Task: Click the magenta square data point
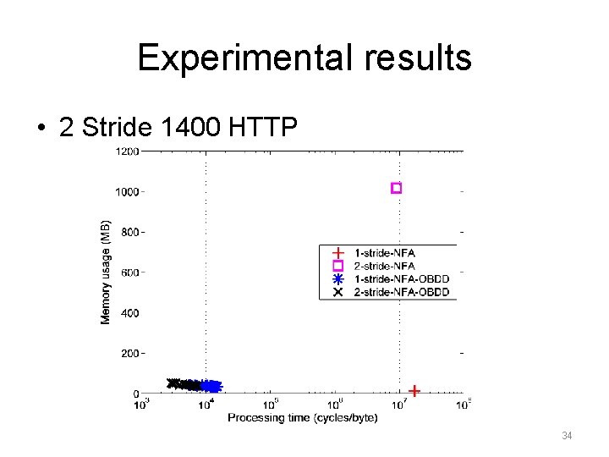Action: [396, 188]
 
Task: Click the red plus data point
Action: [414, 391]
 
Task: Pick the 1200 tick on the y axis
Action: [127, 151]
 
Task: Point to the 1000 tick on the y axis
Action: [127, 192]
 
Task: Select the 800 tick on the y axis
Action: [129, 232]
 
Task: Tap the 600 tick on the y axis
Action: [129, 273]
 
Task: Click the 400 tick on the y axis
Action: [129, 313]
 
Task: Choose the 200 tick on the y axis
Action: [129, 353]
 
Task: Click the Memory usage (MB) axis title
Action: [106, 272]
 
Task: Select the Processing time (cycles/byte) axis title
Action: [292, 418]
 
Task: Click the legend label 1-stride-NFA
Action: [386, 253]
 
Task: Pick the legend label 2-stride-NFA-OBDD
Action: [402, 292]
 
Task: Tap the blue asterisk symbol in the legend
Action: [337, 279]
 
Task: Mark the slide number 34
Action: [568, 436]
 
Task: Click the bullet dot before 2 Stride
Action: [41, 129]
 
